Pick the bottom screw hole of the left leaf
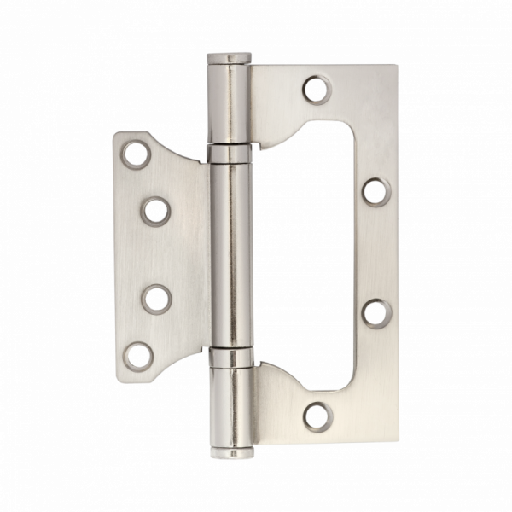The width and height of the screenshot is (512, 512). tap(134, 352)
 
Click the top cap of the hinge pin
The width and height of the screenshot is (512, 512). tap(227, 58)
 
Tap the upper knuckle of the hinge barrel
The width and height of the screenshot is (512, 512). tap(227, 102)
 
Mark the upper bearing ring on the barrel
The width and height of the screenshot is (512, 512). tap(227, 154)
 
